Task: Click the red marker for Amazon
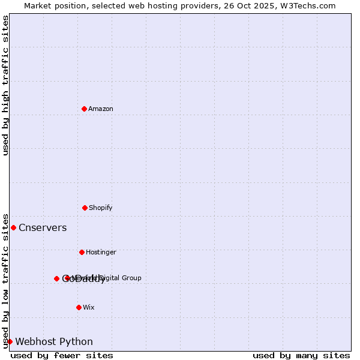click(84, 109)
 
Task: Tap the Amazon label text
click(101, 109)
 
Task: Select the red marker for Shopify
click(85, 208)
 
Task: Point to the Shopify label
click(101, 208)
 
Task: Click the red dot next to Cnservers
click(13, 227)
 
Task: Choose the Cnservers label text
click(43, 227)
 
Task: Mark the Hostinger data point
click(82, 252)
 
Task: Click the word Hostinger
click(101, 252)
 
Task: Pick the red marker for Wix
click(79, 307)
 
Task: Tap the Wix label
click(89, 307)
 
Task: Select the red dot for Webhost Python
click(10, 341)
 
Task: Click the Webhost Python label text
click(54, 341)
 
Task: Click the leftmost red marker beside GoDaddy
click(56, 278)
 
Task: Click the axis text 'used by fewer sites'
click(62, 355)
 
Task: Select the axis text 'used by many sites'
click(301, 355)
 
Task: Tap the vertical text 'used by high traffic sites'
click(5, 85)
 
